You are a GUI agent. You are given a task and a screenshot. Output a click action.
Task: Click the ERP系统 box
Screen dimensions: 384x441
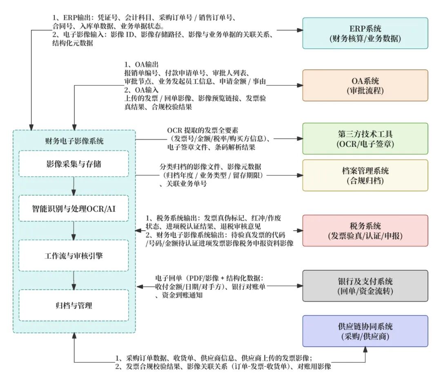click(365, 33)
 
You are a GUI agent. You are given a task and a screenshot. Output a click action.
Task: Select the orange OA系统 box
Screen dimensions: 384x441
click(365, 85)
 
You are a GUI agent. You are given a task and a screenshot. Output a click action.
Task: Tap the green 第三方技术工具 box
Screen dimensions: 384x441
click(365, 139)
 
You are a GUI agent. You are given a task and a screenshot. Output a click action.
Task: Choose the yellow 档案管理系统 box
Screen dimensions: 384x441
click(365, 175)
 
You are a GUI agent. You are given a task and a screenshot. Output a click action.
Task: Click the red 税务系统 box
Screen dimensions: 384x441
click(365, 231)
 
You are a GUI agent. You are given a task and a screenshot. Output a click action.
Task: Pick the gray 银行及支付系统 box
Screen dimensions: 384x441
click(365, 286)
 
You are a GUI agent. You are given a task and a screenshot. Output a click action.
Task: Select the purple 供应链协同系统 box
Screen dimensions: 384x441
click(365, 331)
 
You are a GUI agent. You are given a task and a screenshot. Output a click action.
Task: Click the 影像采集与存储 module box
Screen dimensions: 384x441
click(74, 164)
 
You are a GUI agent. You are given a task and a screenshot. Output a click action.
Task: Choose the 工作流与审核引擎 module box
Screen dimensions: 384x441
click(74, 256)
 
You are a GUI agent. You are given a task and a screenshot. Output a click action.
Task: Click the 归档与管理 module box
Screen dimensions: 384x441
click(74, 305)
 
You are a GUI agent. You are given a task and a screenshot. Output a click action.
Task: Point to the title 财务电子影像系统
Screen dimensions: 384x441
click(74, 141)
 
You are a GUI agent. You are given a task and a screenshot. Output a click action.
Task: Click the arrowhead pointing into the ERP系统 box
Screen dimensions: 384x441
click(299, 31)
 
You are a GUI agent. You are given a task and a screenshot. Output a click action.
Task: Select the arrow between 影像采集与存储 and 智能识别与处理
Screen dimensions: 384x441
click(74, 186)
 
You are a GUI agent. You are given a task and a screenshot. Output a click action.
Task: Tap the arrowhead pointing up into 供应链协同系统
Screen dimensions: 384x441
click(365, 350)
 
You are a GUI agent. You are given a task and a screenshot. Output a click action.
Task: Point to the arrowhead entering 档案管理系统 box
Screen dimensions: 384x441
click(299, 176)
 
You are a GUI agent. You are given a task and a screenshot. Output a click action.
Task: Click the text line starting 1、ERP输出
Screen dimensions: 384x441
click(145, 17)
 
